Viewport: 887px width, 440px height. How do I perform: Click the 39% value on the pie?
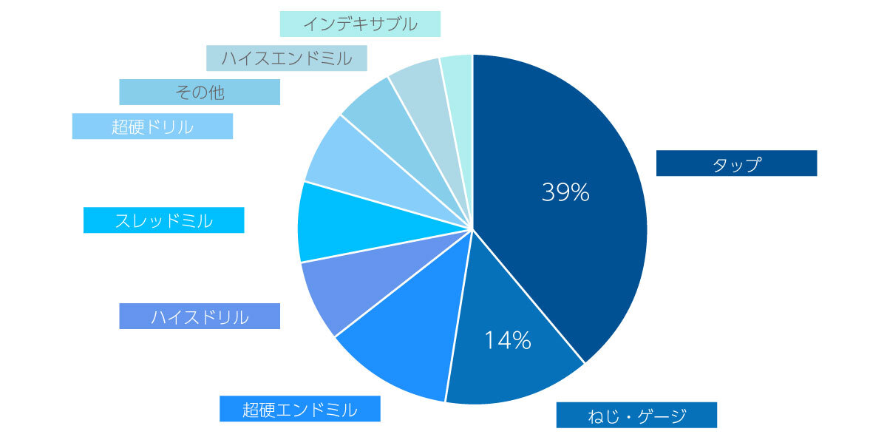[565, 192]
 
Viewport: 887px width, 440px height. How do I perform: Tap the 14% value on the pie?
[508, 340]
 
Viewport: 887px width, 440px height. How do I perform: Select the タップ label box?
[736, 163]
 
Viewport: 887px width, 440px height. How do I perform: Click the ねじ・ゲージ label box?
[636, 415]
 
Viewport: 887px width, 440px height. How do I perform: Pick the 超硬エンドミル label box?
[299, 409]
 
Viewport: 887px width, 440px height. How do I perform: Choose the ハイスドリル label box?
[200, 317]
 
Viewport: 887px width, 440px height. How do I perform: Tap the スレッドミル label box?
[163, 220]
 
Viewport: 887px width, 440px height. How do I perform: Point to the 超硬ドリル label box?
[152, 126]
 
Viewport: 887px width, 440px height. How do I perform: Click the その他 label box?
[200, 92]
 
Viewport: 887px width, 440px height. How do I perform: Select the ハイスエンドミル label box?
[286, 58]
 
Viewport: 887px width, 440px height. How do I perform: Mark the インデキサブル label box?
[360, 24]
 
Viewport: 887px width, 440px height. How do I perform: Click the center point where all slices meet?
[472, 229]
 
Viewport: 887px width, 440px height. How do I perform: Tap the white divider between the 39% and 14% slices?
[529, 296]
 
